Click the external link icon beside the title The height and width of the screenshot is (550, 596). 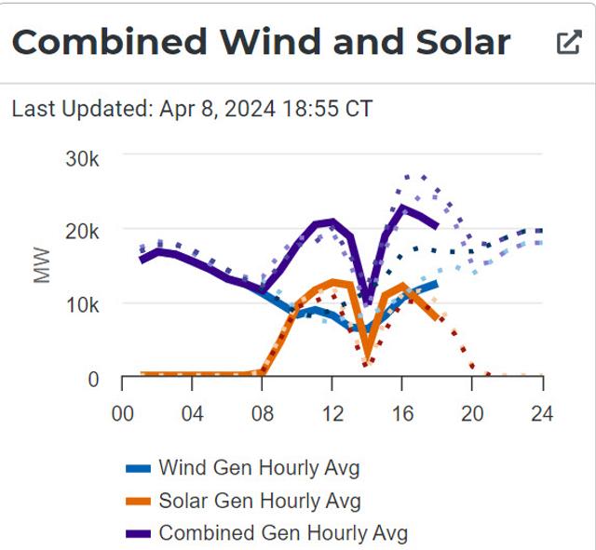[568, 43]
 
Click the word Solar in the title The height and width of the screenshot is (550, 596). [454, 43]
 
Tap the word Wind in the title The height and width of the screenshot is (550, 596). [269, 43]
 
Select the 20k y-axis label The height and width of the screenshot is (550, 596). [81, 232]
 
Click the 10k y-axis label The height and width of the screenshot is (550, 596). [81, 305]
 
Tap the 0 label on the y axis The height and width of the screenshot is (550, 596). [93, 379]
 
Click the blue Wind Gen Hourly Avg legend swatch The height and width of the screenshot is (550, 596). [138, 468]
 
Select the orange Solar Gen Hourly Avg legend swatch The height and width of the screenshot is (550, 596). [138, 502]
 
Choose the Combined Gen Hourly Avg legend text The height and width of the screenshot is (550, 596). [283, 533]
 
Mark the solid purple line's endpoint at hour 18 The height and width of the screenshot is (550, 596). [438, 225]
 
